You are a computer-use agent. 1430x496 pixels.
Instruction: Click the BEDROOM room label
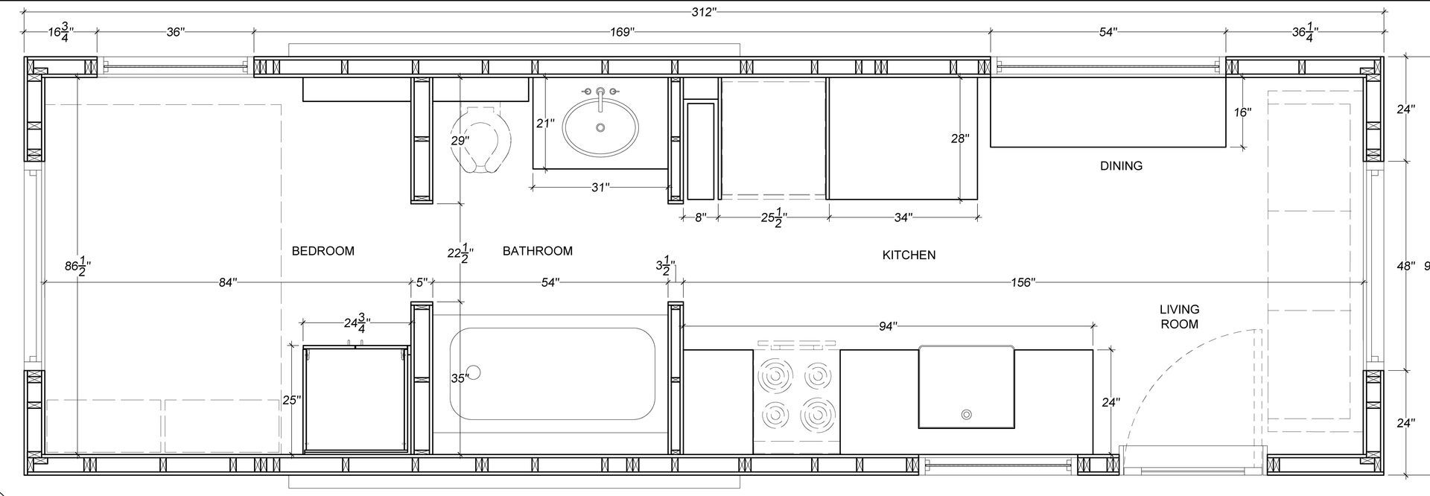click(x=322, y=251)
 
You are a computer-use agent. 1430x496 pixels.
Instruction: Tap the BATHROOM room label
click(x=538, y=251)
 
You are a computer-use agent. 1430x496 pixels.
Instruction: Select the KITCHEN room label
click(x=909, y=255)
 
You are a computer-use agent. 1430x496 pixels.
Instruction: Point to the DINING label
click(x=1121, y=165)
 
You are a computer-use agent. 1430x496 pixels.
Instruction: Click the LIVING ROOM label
click(x=1180, y=317)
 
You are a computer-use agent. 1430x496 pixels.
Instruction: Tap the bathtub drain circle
click(x=474, y=372)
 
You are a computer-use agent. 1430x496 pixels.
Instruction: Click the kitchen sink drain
click(x=967, y=414)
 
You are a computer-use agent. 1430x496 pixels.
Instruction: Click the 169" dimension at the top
click(x=622, y=32)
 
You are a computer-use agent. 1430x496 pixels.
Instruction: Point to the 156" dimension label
click(x=1023, y=282)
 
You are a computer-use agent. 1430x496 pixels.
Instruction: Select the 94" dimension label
click(x=888, y=325)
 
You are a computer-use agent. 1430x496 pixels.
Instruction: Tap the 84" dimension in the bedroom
click(x=228, y=282)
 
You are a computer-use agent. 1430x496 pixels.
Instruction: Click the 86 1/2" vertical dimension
click(x=77, y=266)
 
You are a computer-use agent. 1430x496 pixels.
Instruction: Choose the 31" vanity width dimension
click(x=600, y=187)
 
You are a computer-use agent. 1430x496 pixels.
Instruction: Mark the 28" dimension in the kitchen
click(x=960, y=138)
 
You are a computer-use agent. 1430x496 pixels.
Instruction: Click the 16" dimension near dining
click(x=1242, y=112)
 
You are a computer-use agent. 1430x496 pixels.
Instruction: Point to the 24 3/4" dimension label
click(x=357, y=323)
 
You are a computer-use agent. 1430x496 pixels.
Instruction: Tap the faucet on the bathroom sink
click(x=600, y=98)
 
